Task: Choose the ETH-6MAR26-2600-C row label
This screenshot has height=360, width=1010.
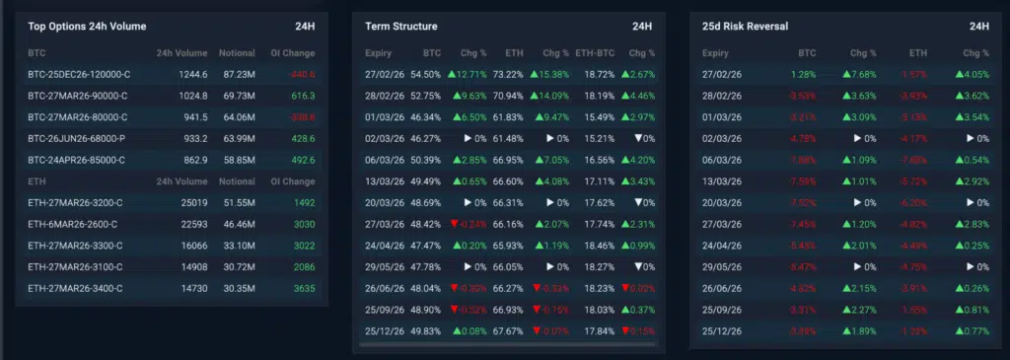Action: tap(74, 224)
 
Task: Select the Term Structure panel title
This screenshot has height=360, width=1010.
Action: tap(400, 26)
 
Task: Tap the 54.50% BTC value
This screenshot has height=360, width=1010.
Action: tap(425, 74)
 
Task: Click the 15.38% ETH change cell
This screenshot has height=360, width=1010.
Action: tap(549, 74)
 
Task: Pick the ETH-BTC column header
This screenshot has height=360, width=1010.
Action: tap(594, 52)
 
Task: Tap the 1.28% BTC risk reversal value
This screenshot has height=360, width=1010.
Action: tap(804, 74)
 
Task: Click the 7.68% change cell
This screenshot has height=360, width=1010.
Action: tap(860, 74)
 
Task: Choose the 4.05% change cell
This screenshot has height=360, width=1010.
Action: tap(973, 74)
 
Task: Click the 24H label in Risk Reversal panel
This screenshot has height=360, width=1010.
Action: tap(978, 26)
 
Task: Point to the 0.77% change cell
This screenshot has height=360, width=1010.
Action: tap(973, 330)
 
